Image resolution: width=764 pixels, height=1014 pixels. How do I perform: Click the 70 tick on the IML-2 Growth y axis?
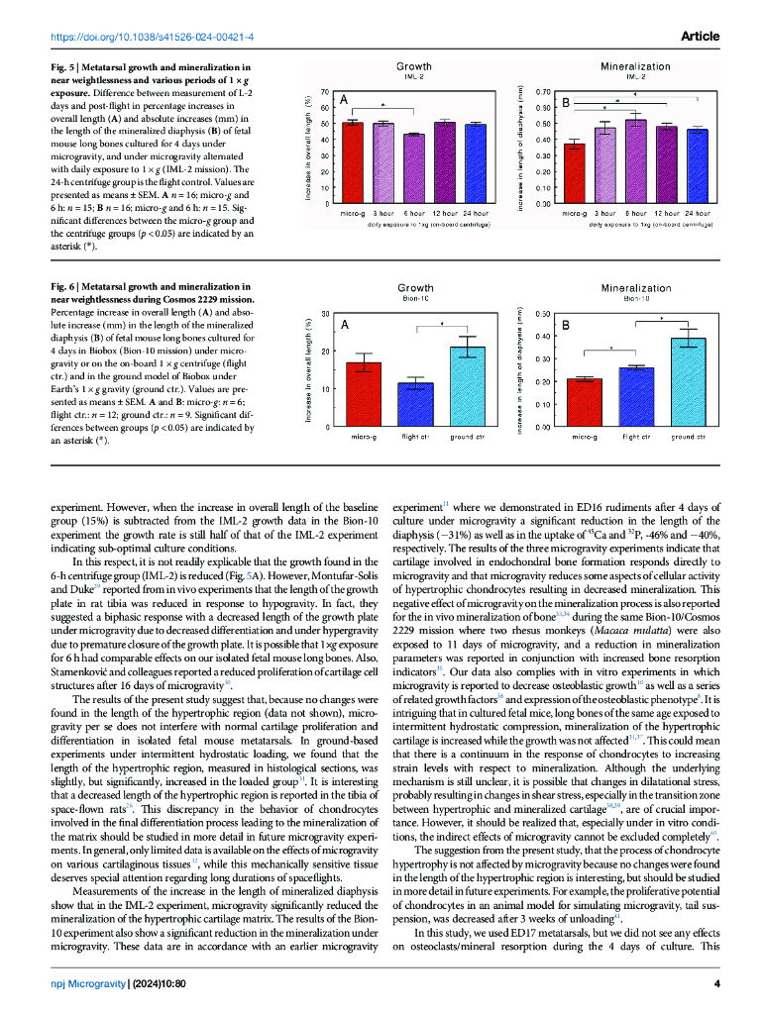click(x=325, y=91)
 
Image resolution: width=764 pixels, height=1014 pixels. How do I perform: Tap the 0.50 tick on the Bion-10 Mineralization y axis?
click(x=543, y=314)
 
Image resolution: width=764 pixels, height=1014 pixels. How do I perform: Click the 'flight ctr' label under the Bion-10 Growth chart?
click(x=415, y=436)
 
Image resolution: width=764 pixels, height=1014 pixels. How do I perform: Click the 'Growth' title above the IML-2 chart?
click(x=414, y=66)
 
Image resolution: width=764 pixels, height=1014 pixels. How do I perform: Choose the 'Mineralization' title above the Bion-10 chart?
click(x=635, y=288)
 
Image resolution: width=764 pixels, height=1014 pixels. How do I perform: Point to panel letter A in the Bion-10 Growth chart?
click(x=344, y=324)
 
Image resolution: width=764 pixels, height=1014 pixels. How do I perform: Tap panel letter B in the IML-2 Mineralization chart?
click(x=566, y=102)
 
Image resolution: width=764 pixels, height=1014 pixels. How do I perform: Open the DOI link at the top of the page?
click(x=152, y=37)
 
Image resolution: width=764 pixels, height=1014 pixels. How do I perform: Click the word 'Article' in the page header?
click(x=700, y=37)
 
